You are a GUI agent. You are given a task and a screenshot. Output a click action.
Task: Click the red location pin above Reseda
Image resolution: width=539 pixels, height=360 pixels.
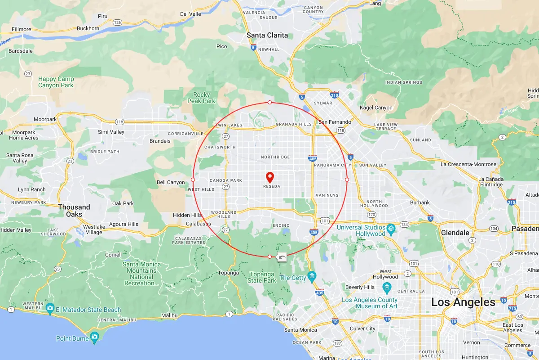coord(270,177)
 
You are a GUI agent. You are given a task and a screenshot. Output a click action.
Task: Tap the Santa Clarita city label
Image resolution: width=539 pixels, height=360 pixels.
coord(267,35)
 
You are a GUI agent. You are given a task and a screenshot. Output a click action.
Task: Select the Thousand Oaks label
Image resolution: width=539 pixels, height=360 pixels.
coord(74,211)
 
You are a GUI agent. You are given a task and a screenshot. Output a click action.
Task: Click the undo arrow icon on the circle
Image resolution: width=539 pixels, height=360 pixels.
coord(282,257)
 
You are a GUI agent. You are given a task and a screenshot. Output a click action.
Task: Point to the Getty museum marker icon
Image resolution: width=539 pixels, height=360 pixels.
coord(312,276)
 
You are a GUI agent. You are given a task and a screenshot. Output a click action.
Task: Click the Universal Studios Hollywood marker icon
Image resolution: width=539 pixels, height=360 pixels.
coord(391,228)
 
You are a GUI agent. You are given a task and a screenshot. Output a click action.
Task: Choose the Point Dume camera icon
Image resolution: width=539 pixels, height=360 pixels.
coord(94,337)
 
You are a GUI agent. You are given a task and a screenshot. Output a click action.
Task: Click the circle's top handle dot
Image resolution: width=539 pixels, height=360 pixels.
coord(269,103)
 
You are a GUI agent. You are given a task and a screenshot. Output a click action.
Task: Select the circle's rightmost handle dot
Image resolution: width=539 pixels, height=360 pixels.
coord(347,180)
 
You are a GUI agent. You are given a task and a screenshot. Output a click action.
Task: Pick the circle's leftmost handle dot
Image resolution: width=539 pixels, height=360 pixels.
coord(193,180)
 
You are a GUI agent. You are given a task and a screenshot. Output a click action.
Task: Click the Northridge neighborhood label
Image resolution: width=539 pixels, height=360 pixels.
coord(275,157)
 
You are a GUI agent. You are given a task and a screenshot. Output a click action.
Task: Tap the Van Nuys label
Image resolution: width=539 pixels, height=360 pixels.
coord(327,195)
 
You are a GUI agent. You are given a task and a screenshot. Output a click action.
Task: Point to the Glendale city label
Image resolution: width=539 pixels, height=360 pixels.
coord(455,233)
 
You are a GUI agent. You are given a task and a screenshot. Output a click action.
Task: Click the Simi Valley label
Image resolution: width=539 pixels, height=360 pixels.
coord(111,132)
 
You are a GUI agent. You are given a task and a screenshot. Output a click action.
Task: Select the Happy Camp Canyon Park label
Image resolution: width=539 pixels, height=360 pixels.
coord(56,82)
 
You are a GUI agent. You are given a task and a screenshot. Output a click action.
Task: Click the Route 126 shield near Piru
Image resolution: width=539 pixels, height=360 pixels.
coord(118,22)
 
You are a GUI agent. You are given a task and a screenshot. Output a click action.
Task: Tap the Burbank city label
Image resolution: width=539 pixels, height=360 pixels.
coord(420,202)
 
